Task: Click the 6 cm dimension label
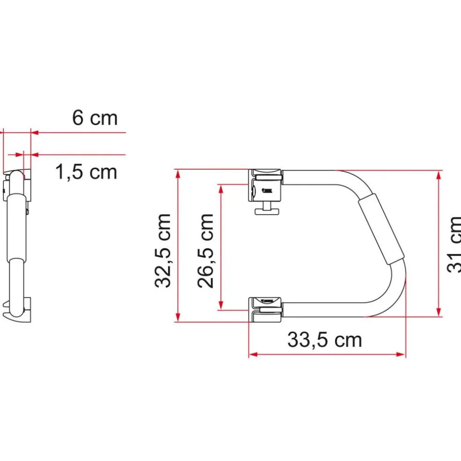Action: click(95, 118)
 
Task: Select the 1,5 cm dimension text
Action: click(86, 172)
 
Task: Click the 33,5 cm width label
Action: click(325, 340)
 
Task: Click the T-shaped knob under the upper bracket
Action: click(268, 209)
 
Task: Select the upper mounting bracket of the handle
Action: click(266, 185)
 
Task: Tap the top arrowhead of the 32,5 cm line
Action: click(178, 173)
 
